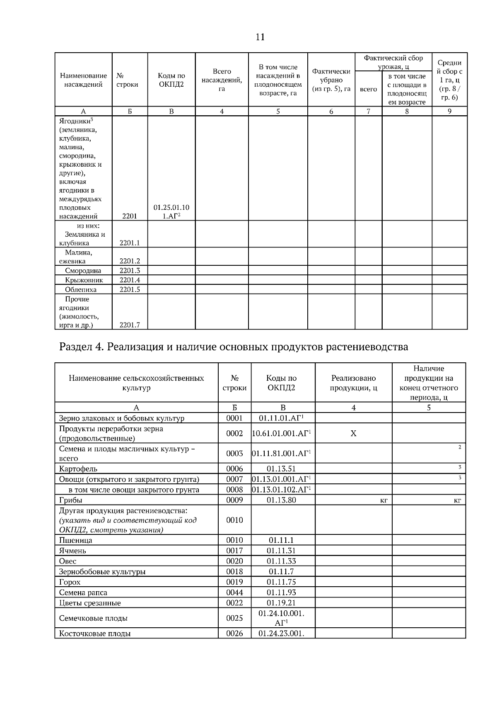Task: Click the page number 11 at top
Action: (x=260, y=37)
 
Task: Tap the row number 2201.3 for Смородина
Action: (x=130, y=271)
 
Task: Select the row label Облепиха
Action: (x=80, y=289)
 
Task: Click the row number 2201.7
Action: (x=130, y=325)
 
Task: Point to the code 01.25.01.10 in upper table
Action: (x=171, y=207)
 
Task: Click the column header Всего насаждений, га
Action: (x=222, y=80)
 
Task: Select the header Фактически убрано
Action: (x=331, y=80)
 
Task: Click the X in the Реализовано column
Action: (x=353, y=433)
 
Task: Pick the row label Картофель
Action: (x=78, y=469)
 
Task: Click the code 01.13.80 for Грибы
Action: (x=281, y=500)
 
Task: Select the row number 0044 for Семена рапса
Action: (x=234, y=592)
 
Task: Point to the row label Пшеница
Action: (x=76, y=540)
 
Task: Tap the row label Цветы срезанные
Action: (x=90, y=603)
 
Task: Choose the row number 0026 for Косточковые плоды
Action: (x=234, y=634)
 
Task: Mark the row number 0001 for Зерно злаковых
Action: (x=234, y=418)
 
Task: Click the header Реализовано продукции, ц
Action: (x=353, y=383)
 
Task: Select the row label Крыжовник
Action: (x=84, y=280)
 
